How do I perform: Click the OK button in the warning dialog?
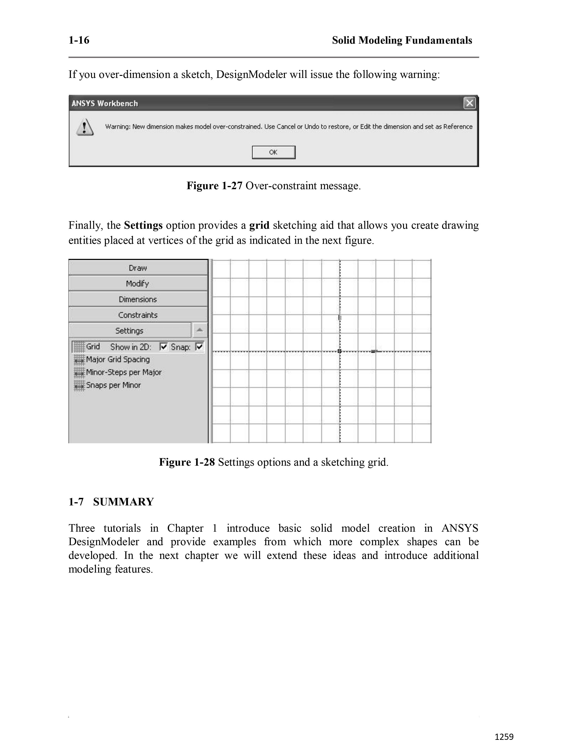[273, 152]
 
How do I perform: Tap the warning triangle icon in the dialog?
[84, 127]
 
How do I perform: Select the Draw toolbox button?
[138, 268]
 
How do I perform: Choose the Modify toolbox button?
[138, 284]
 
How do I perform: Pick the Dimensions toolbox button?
[138, 299]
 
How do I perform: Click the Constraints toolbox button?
[138, 315]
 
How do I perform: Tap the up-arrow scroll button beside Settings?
[200, 330]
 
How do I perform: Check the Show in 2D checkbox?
[163, 347]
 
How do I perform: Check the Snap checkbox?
[199, 347]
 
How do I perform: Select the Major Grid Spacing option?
[118, 359]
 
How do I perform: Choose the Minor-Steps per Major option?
[123, 372]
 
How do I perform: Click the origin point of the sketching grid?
[340, 351]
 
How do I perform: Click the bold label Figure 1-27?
[215, 186]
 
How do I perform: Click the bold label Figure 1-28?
[187, 462]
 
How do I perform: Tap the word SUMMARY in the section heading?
[123, 502]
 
